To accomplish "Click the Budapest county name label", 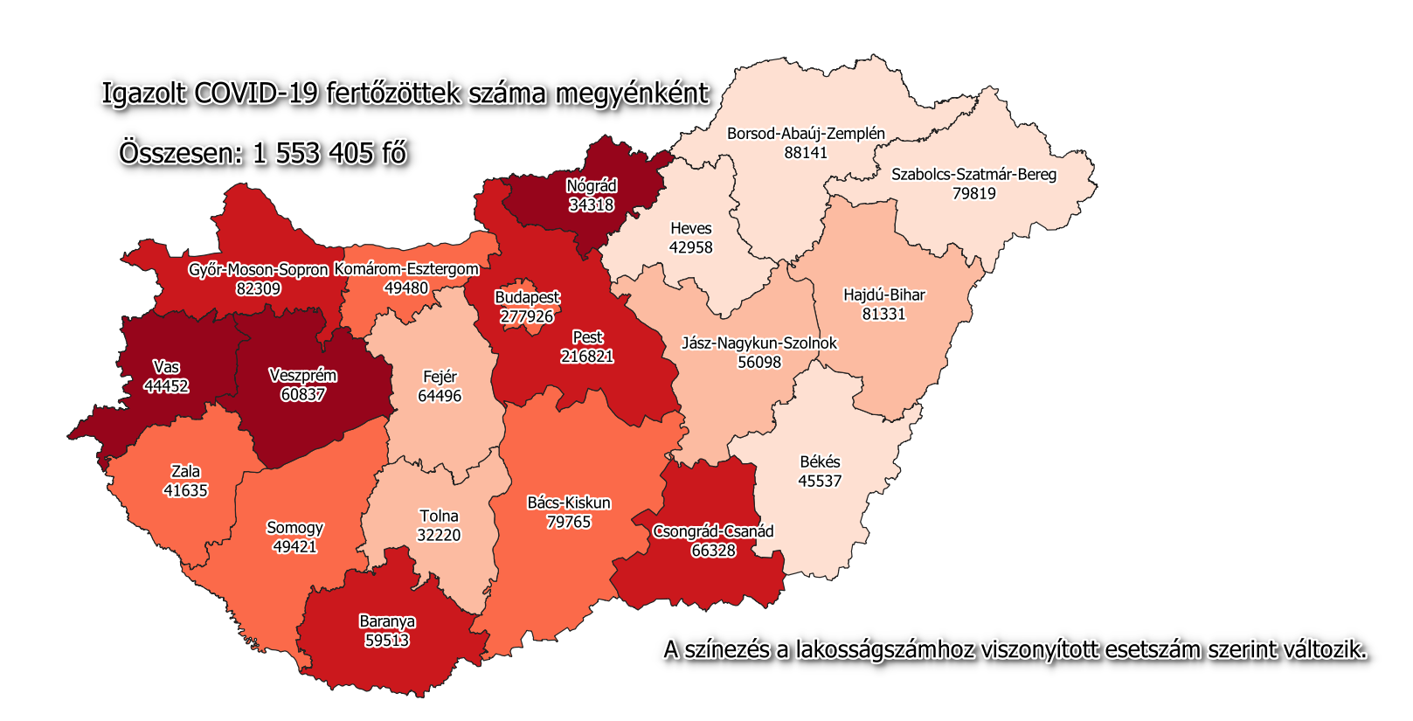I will (x=527, y=297).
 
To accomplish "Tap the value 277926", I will (x=527, y=316).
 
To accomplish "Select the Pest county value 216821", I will (x=587, y=357).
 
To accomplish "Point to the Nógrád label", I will (x=592, y=186).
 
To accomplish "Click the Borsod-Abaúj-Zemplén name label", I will (x=806, y=134).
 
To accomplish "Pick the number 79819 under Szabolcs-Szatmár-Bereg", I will (x=973, y=193).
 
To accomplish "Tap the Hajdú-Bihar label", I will (x=883, y=295).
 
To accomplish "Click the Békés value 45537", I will (x=820, y=481).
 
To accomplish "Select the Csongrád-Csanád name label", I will (x=713, y=531).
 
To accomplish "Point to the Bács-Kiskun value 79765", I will (x=569, y=522).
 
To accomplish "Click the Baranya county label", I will (x=387, y=621).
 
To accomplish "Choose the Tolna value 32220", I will (x=439, y=535).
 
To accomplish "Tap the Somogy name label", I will (x=294, y=528).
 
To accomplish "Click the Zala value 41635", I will (x=185, y=490).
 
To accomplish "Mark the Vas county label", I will (x=166, y=367).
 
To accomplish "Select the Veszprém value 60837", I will (x=302, y=394).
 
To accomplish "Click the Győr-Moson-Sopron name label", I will (x=258, y=270).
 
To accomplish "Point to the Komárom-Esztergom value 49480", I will (x=406, y=288).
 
